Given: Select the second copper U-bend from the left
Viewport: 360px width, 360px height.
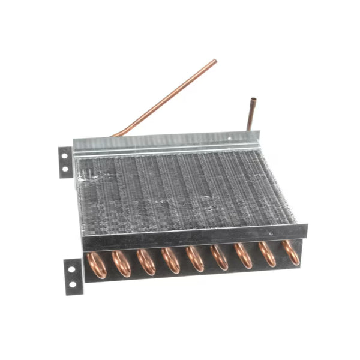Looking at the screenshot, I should [x=121, y=263].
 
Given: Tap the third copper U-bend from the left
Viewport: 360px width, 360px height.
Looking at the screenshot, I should [x=146, y=262].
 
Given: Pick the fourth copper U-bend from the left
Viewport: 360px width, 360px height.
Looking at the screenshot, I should [x=170, y=260].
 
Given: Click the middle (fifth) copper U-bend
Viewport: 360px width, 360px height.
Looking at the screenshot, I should [x=195, y=259].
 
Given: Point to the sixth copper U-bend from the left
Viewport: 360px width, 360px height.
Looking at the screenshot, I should [x=220, y=257].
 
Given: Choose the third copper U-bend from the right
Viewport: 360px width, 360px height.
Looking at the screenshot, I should [x=244, y=255].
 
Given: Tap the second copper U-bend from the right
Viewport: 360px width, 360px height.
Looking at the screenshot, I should [x=267, y=254].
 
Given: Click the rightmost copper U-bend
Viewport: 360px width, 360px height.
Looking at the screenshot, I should [x=290, y=252].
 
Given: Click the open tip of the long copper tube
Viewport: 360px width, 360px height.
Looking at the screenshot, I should [x=214, y=61].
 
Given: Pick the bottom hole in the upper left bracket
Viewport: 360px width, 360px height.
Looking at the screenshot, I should [x=65, y=169].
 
